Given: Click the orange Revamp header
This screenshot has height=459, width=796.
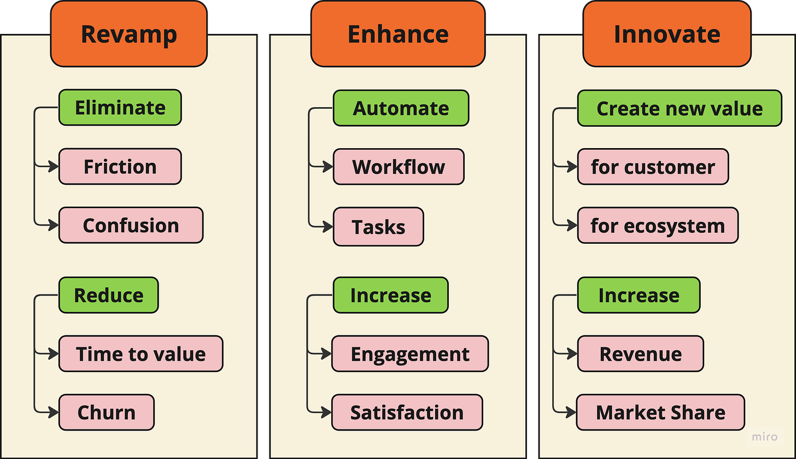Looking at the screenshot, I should (128, 34).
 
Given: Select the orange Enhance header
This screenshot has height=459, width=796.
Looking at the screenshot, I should (397, 34).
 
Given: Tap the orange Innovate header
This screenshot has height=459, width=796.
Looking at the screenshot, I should (666, 34).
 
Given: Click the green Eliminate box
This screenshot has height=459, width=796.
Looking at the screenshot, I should (120, 108).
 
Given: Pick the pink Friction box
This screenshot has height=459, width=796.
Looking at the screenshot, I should (120, 167).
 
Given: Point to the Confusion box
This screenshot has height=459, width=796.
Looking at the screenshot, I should (131, 225).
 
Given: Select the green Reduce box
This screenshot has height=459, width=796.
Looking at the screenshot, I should (108, 295).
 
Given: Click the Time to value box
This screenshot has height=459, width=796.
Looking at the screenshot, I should (141, 354).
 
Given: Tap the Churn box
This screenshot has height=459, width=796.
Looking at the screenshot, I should (106, 413).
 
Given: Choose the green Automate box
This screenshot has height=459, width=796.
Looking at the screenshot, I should (401, 108).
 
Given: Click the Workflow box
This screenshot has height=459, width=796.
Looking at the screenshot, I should (399, 167).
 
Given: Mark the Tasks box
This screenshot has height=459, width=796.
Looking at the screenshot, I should (378, 226).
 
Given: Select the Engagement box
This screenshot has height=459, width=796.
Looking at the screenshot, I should (410, 354).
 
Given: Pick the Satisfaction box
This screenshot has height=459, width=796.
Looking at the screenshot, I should (407, 413).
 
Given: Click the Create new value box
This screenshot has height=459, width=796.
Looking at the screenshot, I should (680, 108).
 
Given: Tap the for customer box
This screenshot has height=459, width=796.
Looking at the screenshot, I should (653, 167).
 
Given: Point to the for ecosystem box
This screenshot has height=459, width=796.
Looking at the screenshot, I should (658, 225).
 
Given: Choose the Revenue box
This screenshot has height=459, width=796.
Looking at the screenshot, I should (640, 354).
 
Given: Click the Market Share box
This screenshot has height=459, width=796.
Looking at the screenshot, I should (660, 413).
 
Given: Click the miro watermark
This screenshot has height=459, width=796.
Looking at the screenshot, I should (765, 437).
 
